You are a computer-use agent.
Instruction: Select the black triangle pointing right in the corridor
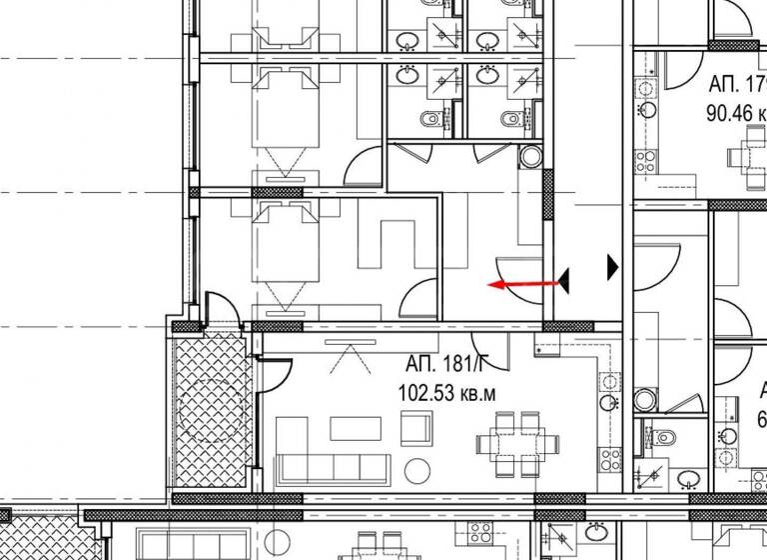612,266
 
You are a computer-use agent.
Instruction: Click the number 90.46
729,112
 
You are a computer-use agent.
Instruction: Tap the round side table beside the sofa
415,468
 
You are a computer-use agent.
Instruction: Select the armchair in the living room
417,428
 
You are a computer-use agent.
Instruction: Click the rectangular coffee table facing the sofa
356,428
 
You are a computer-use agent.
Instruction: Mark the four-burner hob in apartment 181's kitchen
609,461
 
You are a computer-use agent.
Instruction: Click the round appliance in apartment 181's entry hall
529,157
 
